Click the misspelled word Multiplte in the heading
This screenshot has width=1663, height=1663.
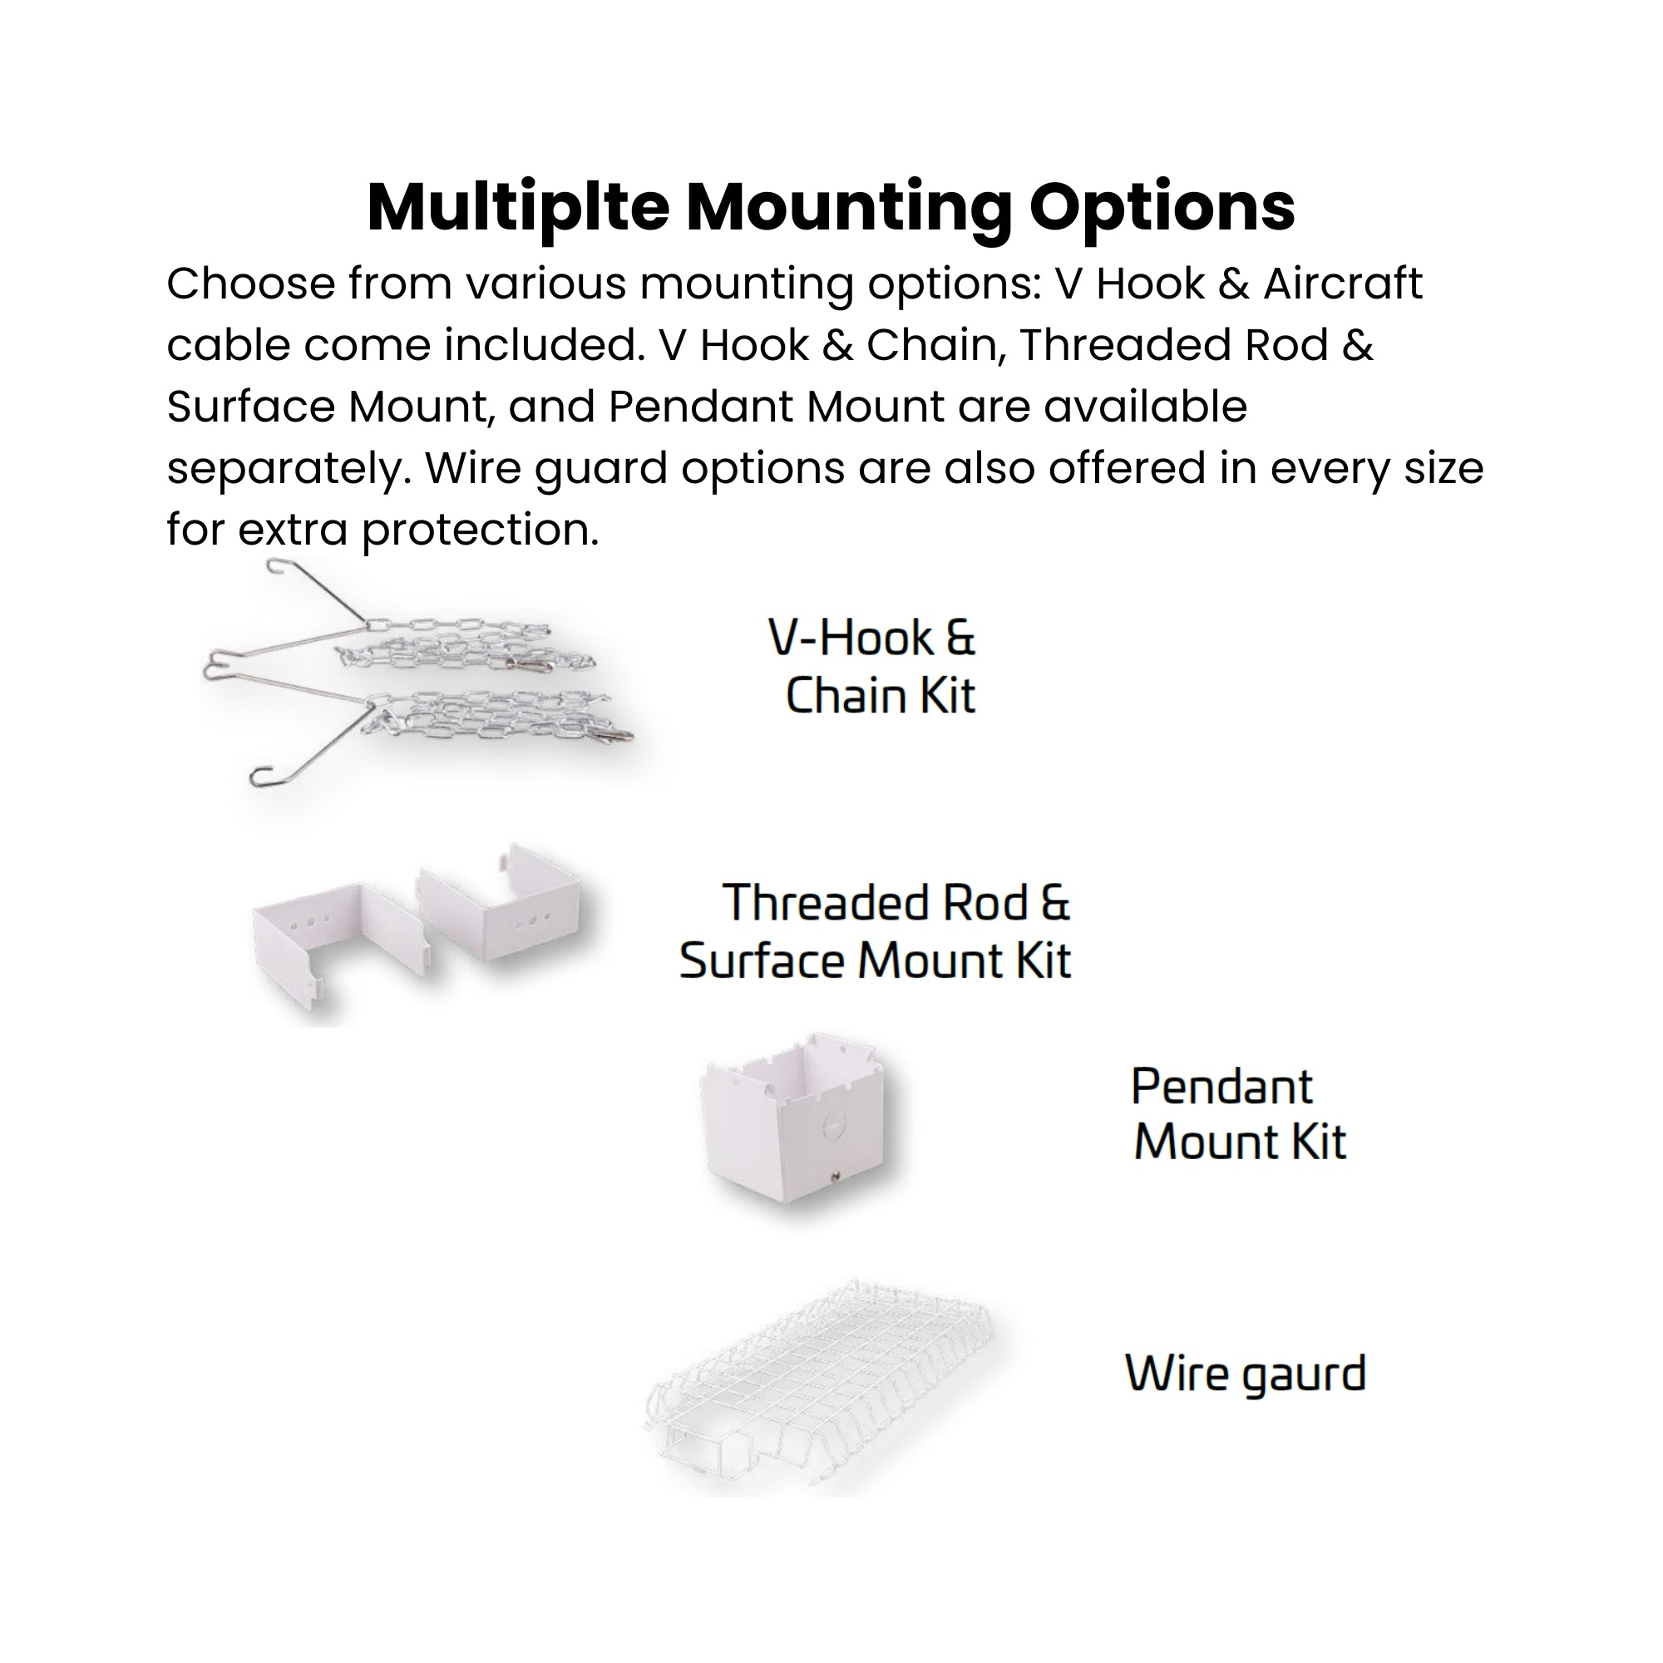[517, 209]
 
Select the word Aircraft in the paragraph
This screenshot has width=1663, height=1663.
[1342, 284]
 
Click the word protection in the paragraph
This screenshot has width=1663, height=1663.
[480, 530]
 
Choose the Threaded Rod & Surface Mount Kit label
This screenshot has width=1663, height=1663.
[876, 931]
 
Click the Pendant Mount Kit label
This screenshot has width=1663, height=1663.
[1238, 1115]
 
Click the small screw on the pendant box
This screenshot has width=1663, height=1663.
[835, 1173]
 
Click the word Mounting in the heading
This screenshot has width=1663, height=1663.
[849, 209]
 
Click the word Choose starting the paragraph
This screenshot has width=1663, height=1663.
[249, 284]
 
